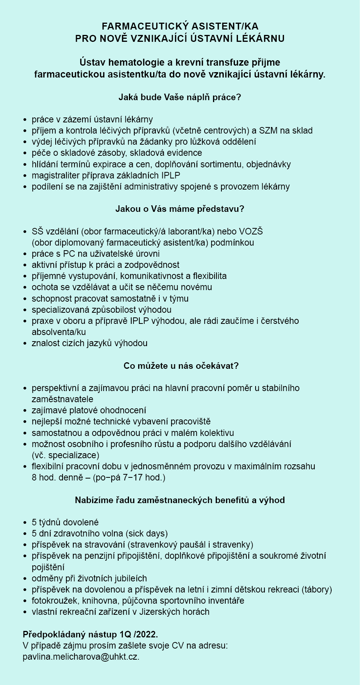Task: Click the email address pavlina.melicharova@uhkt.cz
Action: (x=81, y=657)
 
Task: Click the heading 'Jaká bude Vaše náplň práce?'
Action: (x=180, y=97)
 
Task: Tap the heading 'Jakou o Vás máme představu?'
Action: (x=180, y=209)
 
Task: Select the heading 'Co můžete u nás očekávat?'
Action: (x=181, y=366)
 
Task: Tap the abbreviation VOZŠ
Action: (x=251, y=231)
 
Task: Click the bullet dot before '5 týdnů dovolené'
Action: (x=25, y=523)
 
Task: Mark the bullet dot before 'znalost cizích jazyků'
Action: (x=25, y=343)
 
